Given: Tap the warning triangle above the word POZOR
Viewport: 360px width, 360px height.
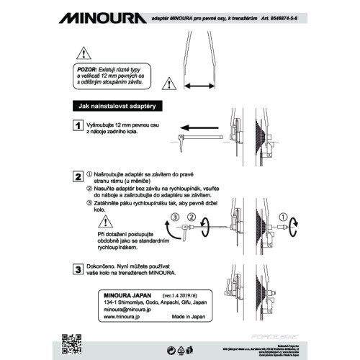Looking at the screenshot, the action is [84, 53].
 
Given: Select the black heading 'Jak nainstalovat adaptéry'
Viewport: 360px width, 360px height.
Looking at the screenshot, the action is [119, 106].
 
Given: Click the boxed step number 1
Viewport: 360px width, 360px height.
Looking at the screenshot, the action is [77, 125].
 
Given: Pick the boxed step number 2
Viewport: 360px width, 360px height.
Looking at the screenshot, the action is [77, 176].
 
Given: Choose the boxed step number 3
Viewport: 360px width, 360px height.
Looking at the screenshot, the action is [77, 270].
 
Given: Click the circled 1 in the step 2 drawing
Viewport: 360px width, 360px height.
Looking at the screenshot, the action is [283, 216].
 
